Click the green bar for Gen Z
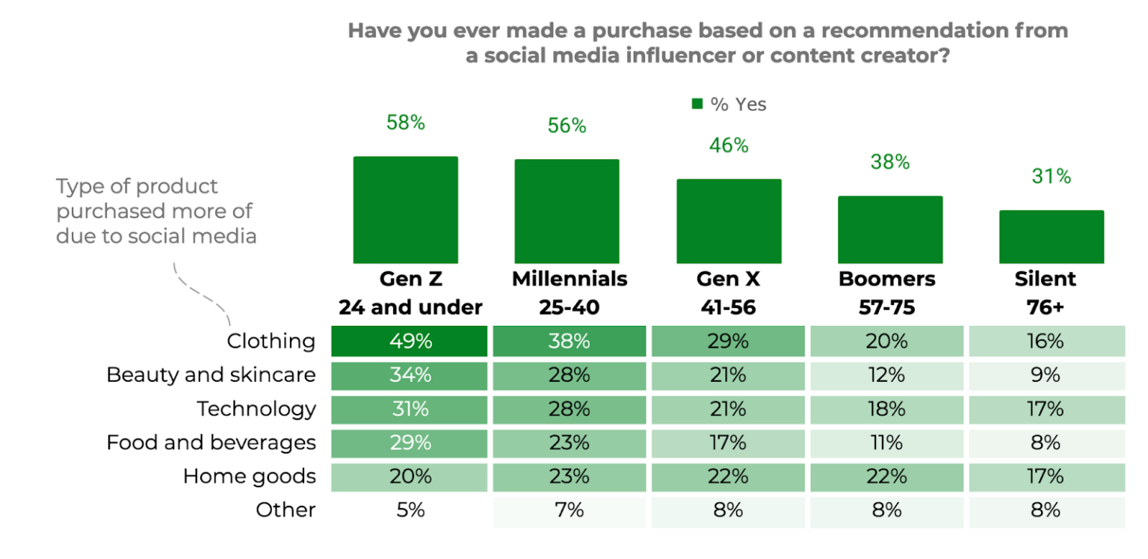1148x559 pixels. (x=405, y=210)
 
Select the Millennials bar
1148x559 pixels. (x=567, y=211)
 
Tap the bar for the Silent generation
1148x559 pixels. (x=1051, y=237)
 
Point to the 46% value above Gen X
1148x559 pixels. (x=729, y=145)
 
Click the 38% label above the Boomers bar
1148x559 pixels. (x=889, y=161)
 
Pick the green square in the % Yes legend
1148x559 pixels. (x=697, y=105)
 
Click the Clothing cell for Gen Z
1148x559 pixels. (x=410, y=342)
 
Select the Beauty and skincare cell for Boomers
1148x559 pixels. (x=886, y=375)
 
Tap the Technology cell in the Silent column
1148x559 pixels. (x=1046, y=409)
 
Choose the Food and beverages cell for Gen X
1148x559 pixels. (x=728, y=442)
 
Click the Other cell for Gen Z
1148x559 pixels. (x=410, y=510)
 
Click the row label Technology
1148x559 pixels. (x=256, y=409)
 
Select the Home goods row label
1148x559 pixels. (x=249, y=476)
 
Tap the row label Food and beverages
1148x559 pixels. (x=211, y=442)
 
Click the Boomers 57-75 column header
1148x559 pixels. (x=887, y=293)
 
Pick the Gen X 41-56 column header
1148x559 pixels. (x=728, y=293)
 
